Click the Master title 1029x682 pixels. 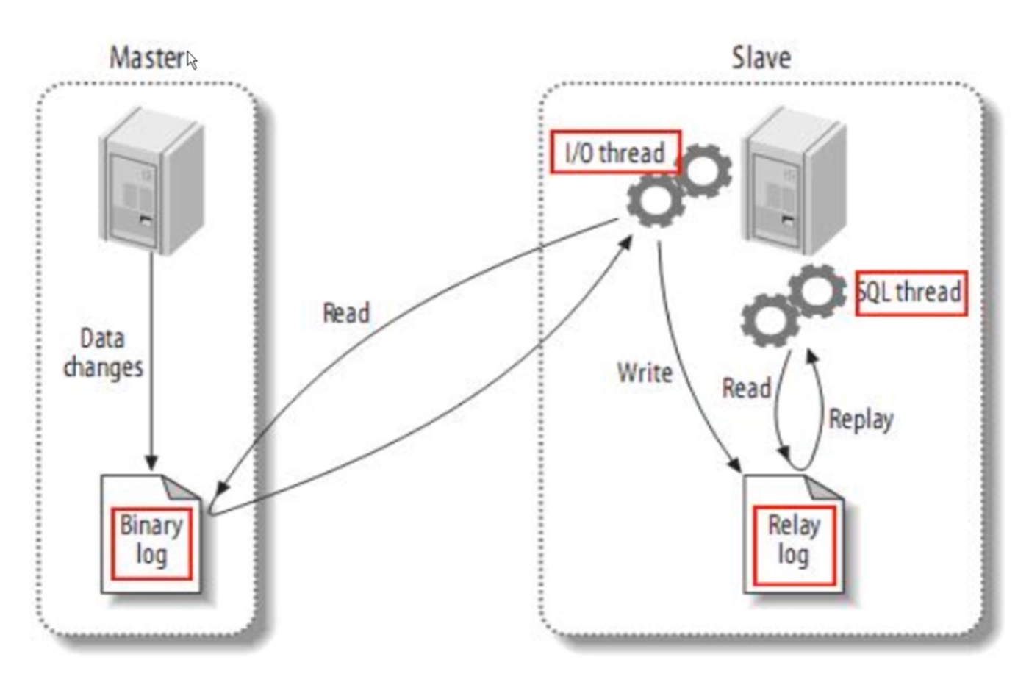(147, 57)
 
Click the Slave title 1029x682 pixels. (761, 57)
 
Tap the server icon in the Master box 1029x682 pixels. (151, 181)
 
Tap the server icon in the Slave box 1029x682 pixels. (794, 181)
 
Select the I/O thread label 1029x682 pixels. (615, 153)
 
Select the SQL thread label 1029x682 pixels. (911, 292)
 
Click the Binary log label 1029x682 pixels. (151, 540)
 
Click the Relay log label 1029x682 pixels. (794, 540)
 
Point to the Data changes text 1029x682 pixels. (103, 353)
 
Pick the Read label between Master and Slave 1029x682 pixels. (345, 313)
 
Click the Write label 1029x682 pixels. (645, 373)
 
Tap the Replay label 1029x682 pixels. (861, 420)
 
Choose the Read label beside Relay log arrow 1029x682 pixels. (746, 388)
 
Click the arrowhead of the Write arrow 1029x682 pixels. (734, 464)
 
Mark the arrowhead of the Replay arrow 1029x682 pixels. (811, 356)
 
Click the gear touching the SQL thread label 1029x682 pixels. (817, 290)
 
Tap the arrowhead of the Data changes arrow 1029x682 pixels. (151, 462)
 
